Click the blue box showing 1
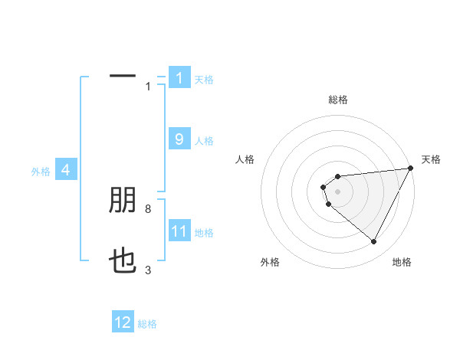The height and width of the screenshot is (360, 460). [x=179, y=78]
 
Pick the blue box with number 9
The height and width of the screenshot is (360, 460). [x=179, y=139]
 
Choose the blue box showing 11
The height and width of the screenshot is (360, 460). [x=179, y=231]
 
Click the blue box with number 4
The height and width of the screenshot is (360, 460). [x=66, y=171]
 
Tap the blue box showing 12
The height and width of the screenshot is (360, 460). [x=123, y=322]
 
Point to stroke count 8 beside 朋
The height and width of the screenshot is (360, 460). [x=148, y=208]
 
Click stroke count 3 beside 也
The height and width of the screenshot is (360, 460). [x=148, y=270]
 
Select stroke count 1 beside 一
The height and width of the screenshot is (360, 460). [x=148, y=87]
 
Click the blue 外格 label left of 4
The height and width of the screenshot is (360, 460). [x=41, y=172]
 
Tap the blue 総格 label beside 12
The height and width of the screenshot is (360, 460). [x=147, y=324]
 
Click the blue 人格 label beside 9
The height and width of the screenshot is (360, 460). [x=204, y=141]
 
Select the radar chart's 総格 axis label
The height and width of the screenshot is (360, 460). [x=338, y=100]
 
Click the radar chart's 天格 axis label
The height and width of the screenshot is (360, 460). [x=431, y=159]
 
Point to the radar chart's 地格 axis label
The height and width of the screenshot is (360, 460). [x=402, y=262]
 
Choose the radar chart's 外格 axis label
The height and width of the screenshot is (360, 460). [x=270, y=262]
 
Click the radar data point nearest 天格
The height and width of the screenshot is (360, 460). [x=410, y=169]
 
